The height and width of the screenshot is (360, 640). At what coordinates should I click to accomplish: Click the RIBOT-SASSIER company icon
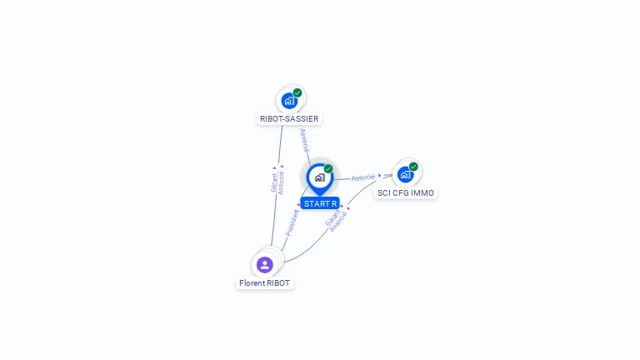coord(288,101)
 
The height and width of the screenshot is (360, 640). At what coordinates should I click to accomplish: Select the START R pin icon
coord(319,177)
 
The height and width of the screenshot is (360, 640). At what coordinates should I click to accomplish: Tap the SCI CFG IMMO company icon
coord(405,174)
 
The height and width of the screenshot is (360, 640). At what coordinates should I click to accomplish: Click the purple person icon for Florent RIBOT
coord(265,265)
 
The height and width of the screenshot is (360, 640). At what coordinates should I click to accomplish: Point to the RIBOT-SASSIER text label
coord(289,119)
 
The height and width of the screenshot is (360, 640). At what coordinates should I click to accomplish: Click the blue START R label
coord(320,203)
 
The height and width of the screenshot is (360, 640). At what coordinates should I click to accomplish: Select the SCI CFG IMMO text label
coord(405,193)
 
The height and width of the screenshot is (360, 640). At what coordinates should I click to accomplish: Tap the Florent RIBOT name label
coord(265,283)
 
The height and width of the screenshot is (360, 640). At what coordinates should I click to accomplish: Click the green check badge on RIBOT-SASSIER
coord(297,92)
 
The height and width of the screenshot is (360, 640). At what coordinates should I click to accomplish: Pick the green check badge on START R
coord(328,168)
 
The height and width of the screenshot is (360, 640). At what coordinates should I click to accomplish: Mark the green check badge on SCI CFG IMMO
coord(413,166)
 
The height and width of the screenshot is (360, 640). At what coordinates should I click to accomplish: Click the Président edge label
coord(292,222)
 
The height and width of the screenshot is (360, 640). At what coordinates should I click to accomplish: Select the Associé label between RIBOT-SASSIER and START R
coord(305,139)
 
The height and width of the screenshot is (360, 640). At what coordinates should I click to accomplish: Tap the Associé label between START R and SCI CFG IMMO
coord(363,177)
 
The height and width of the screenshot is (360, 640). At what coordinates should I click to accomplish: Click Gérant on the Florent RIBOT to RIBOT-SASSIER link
coord(274,180)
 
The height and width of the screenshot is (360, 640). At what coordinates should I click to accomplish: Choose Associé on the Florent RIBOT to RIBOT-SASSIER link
coord(282,180)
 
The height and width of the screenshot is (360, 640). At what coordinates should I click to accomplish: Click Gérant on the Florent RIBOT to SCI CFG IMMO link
coord(332,218)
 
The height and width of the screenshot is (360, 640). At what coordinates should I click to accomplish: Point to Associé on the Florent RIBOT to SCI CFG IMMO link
coord(338,222)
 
